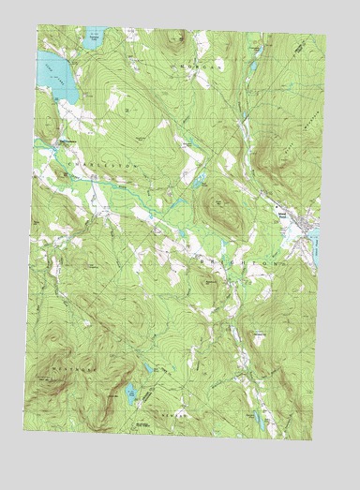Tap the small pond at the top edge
point(91,40)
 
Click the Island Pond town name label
point(282,215)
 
